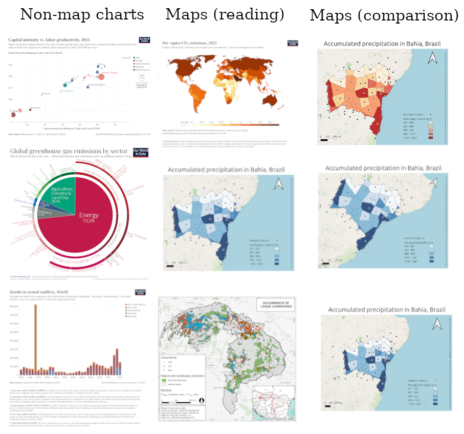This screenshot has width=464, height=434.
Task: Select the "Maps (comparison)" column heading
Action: tap(384, 15)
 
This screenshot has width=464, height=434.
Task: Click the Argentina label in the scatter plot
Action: tap(35, 108)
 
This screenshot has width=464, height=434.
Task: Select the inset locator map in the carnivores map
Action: tap(273, 400)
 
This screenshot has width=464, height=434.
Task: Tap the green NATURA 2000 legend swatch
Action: tap(166, 381)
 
